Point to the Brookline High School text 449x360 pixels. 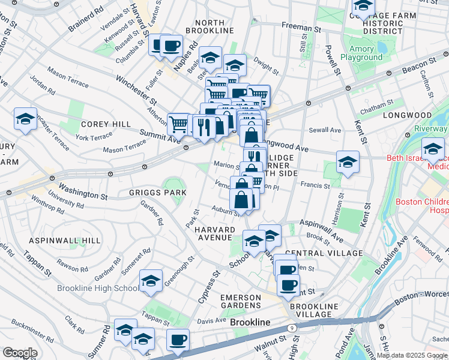[x=97, y=288]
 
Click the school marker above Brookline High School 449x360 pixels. [x=151, y=280]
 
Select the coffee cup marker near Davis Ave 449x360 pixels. [x=178, y=340]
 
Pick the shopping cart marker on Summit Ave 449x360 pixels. [x=178, y=124]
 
